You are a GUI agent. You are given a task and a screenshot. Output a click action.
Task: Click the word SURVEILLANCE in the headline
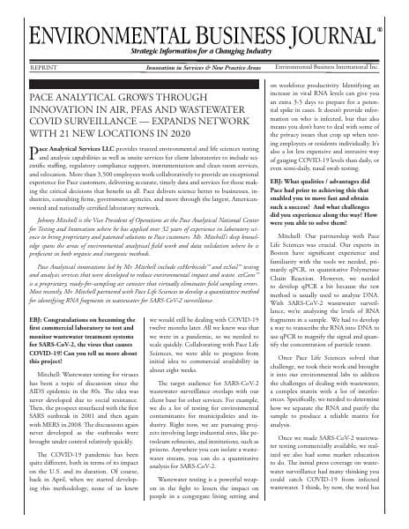click(103, 110)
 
